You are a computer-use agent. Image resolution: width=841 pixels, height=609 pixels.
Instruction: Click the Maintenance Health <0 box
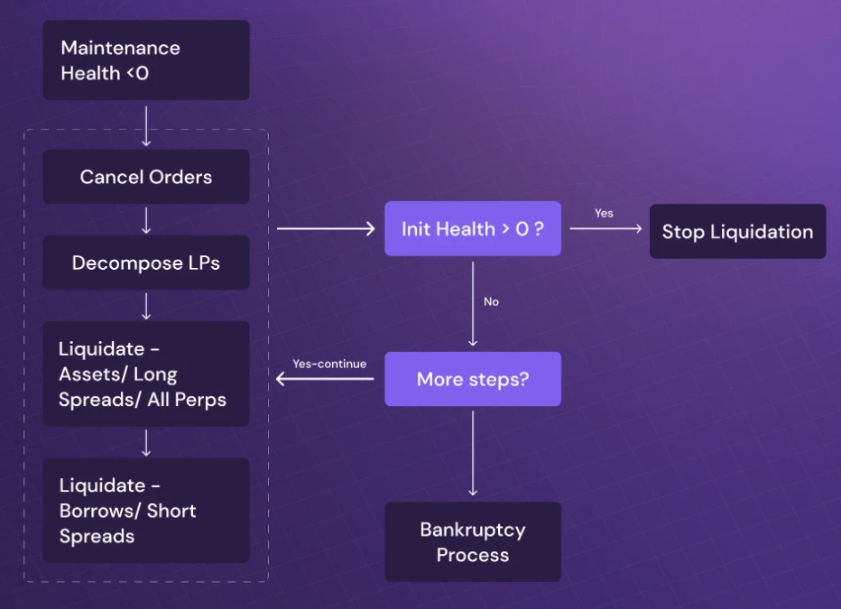146,60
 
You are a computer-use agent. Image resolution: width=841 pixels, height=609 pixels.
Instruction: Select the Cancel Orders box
146,177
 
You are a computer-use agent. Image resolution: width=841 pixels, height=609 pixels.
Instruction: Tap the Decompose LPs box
146,263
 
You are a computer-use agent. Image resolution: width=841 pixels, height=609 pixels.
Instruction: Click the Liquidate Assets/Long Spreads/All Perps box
146,374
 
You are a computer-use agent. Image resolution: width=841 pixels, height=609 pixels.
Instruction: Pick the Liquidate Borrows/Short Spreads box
146,510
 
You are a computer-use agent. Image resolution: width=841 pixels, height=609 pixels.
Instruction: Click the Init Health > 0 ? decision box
473,228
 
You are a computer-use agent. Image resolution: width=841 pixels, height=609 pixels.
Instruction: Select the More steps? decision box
473,379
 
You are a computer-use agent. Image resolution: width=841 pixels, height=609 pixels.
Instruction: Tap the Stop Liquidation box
737,232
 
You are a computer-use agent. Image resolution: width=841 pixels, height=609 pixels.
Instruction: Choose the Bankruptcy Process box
473,541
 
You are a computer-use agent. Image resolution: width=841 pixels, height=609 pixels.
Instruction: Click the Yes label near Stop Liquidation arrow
604,213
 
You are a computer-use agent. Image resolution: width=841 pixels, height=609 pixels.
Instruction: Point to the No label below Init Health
491,301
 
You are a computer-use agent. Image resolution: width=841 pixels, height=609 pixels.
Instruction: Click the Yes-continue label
329,364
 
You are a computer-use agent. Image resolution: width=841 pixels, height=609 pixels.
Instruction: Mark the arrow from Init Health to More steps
473,303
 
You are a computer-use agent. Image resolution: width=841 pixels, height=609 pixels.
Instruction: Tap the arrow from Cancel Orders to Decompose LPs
146,219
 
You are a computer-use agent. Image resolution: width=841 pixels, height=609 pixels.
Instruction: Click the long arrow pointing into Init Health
325,229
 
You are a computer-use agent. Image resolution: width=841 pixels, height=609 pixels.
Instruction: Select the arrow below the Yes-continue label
325,379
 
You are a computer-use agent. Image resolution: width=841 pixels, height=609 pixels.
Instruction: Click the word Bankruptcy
473,530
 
